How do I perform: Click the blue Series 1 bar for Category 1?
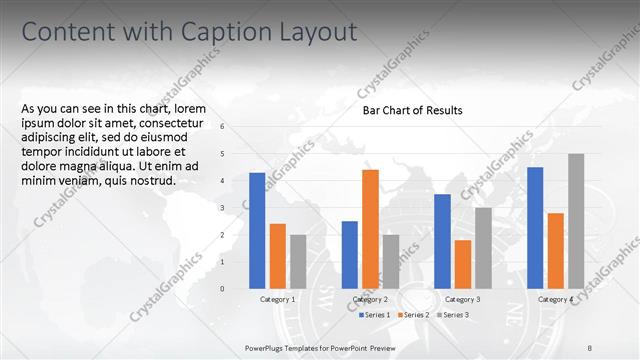[257, 231]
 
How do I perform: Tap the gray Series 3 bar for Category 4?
[576, 221]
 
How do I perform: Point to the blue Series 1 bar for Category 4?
[535, 228]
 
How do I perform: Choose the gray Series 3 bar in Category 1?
[298, 261]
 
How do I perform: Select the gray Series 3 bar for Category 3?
[483, 248]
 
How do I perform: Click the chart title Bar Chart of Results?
[412, 110]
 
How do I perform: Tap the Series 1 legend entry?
[375, 315]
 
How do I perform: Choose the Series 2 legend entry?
[414, 315]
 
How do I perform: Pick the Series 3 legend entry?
[452, 315]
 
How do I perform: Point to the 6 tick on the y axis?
[222, 126]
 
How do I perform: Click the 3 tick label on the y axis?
[222, 207]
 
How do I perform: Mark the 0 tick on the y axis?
[222, 288]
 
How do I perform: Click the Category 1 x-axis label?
[277, 299]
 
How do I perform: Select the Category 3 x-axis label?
[462, 299]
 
